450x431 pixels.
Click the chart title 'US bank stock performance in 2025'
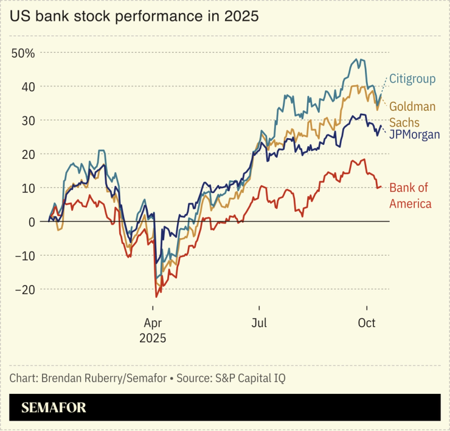134,17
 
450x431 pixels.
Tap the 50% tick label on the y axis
23,53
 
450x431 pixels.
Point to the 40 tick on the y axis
27,86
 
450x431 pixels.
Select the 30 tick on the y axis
27,121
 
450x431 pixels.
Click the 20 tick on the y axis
27,154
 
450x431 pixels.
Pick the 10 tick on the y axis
27,188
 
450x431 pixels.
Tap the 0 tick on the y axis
31,222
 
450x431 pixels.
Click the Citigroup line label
412,80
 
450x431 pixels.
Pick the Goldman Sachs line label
412,114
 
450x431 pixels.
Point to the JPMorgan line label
414,134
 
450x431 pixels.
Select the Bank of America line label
410,195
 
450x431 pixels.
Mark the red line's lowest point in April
156,296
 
